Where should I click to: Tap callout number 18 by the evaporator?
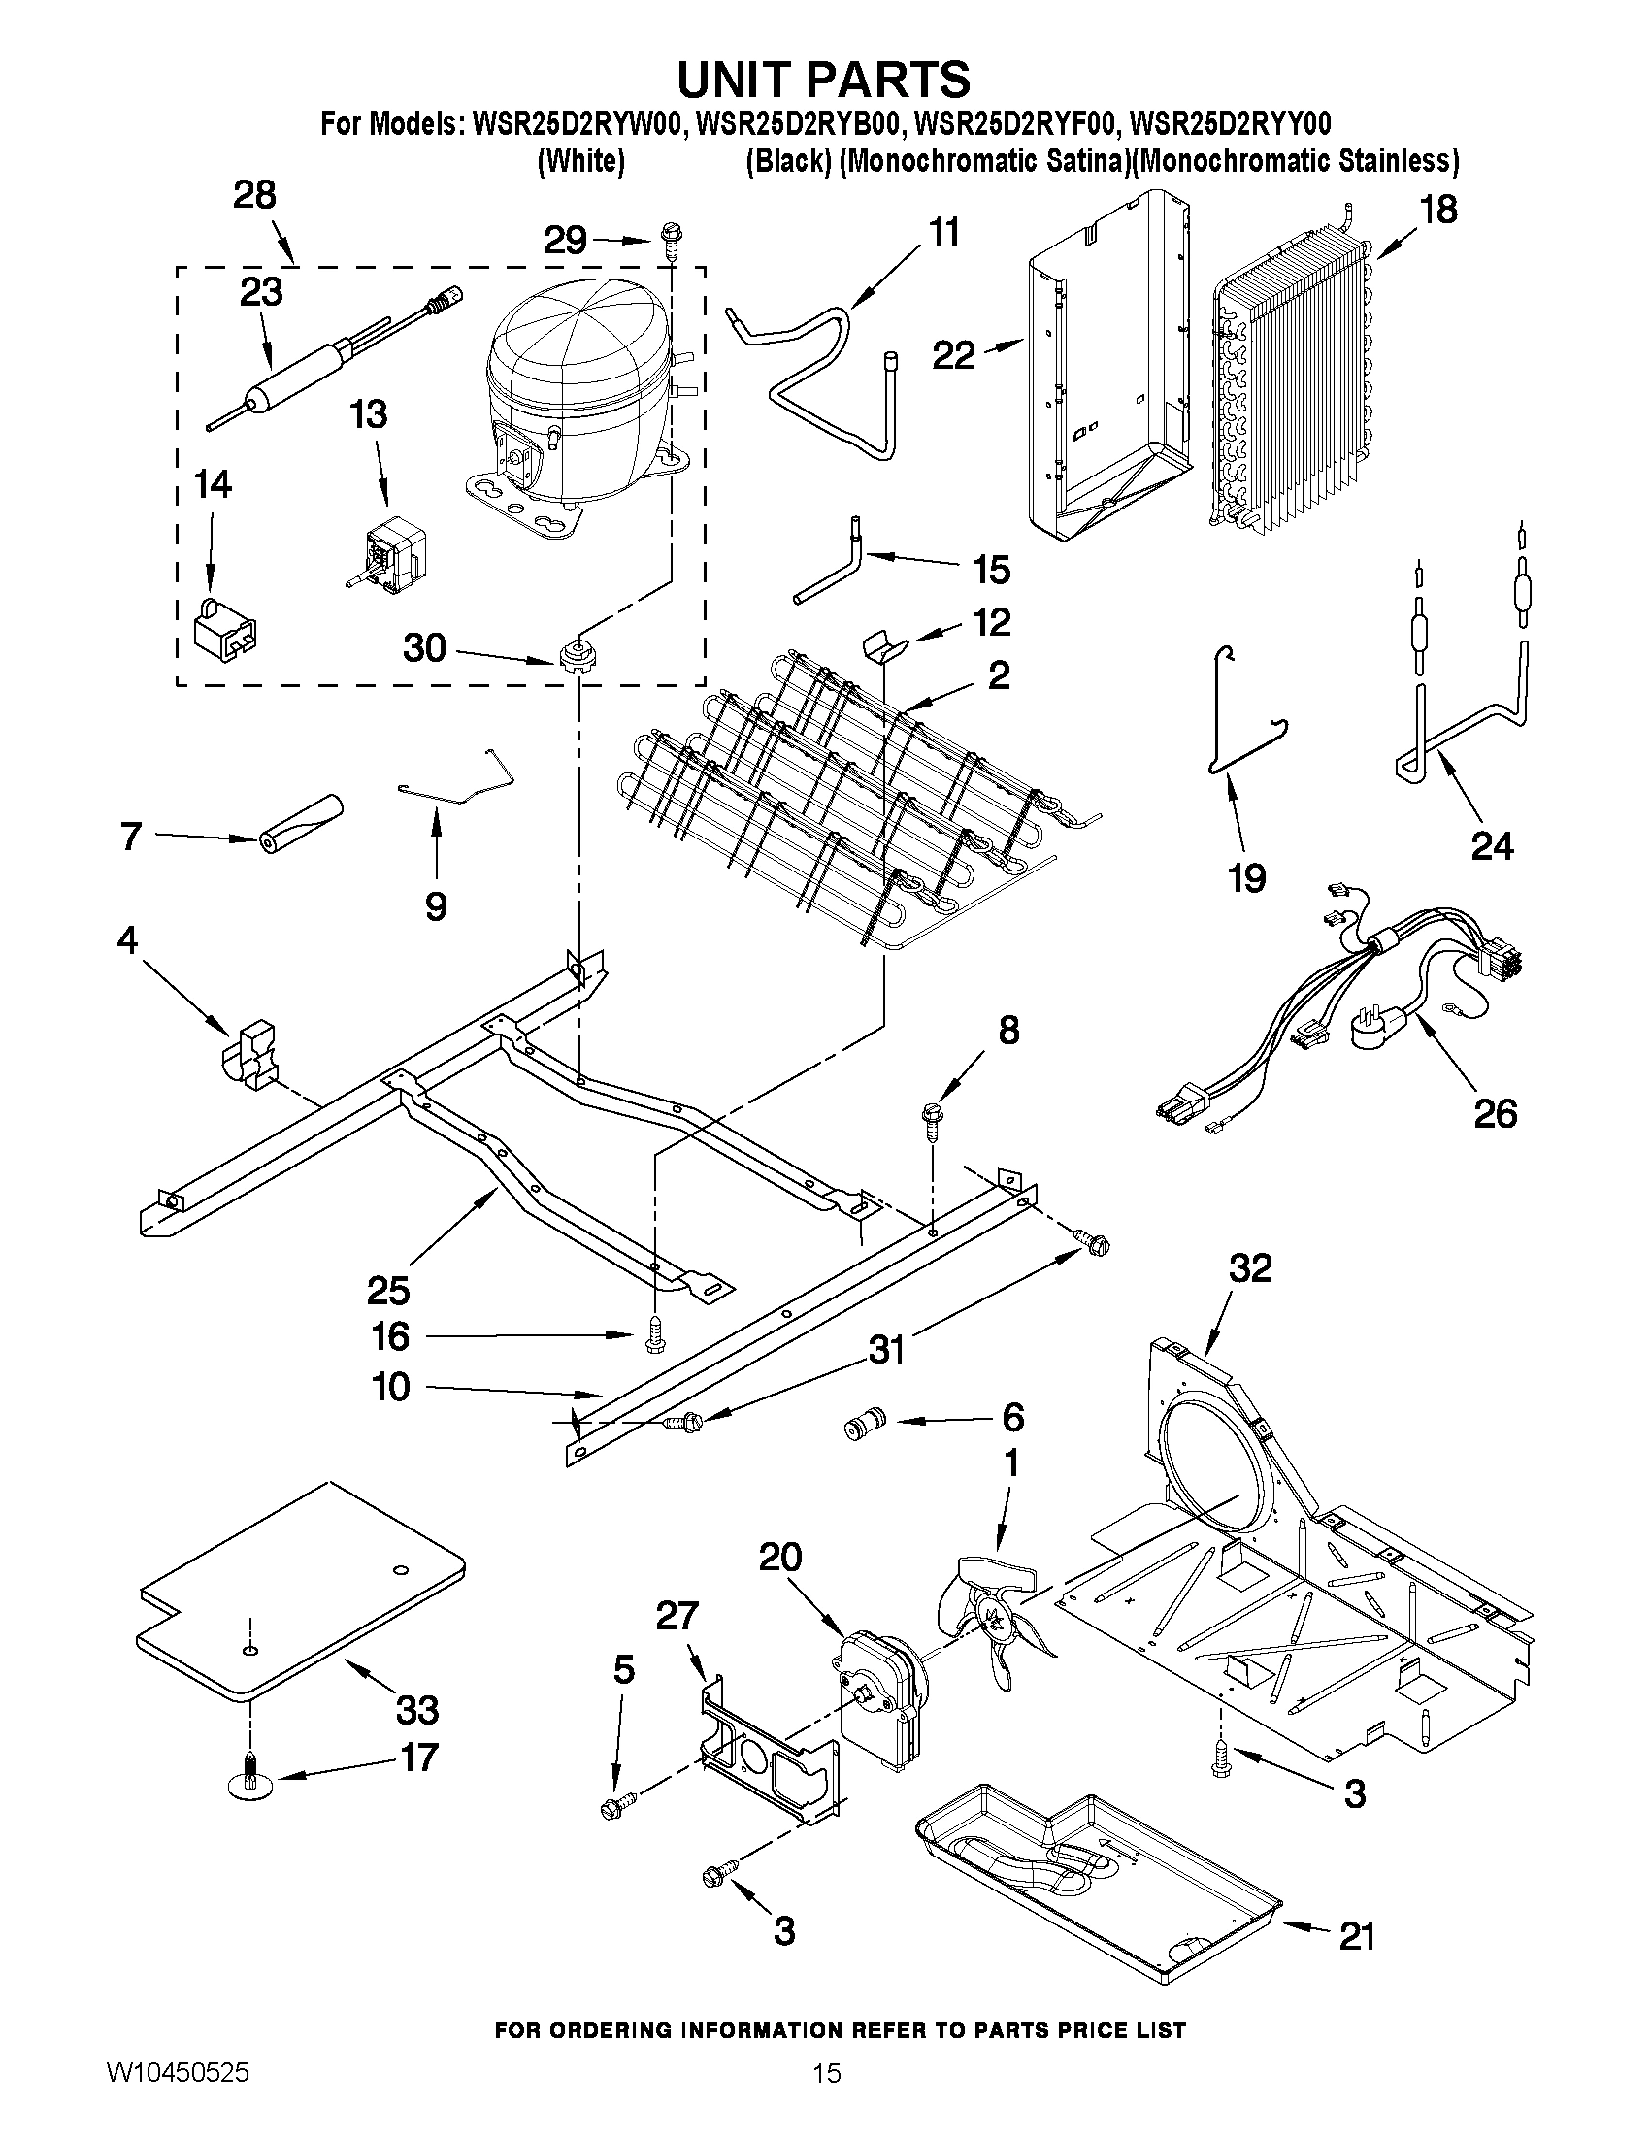click(1438, 211)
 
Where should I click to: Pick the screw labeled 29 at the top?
click(673, 234)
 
